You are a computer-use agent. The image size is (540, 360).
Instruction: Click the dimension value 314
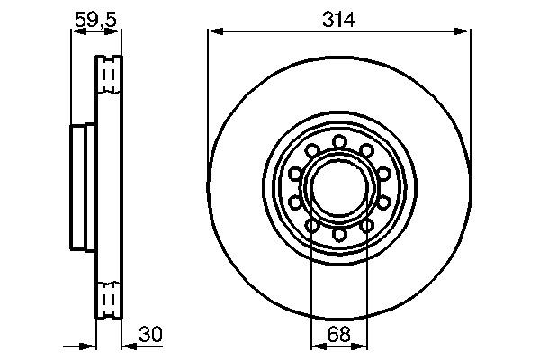tap(339, 15)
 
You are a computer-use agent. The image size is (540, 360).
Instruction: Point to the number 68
tap(339, 333)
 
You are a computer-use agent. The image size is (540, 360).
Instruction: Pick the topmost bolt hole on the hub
tap(339, 141)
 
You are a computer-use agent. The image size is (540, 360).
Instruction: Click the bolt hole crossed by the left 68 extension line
tap(311, 225)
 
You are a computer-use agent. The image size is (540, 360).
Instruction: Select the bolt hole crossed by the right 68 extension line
tap(367, 225)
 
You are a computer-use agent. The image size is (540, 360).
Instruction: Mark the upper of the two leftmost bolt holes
tap(295, 172)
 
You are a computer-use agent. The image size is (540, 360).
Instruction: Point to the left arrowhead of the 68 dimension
tap(315, 346)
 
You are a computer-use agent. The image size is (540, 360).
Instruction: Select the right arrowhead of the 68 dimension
tap(364, 346)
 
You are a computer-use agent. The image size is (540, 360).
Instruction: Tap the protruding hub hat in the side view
tap(83, 186)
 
